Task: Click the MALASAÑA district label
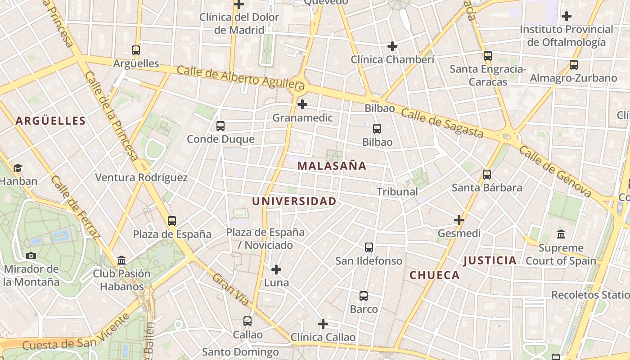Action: pyautogui.click(x=332, y=166)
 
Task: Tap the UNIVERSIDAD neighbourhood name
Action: pyautogui.click(x=294, y=201)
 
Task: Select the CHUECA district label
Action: pyautogui.click(x=435, y=275)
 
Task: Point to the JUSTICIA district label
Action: pyautogui.click(x=490, y=260)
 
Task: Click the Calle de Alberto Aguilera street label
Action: pyautogui.click(x=240, y=77)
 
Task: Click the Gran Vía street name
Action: pyautogui.click(x=230, y=289)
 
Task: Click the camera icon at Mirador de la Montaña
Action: pyautogui.click(x=31, y=256)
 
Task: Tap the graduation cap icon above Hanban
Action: pyautogui.click(x=18, y=168)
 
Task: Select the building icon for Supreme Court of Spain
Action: pyautogui.click(x=561, y=234)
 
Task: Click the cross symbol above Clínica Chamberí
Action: pyautogui.click(x=392, y=46)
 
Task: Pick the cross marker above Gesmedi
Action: pyautogui.click(x=459, y=220)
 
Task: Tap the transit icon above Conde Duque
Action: pyautogui.click(x=220, y=126)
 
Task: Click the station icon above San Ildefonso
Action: pyautogui.click(x=369, y=247)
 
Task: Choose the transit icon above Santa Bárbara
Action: pyautogui.click(x=487, y=174)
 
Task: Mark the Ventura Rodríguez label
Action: pyautogui.click(x=141, y=177)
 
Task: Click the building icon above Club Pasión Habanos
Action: pyautogui.click(x=121, y=260)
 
